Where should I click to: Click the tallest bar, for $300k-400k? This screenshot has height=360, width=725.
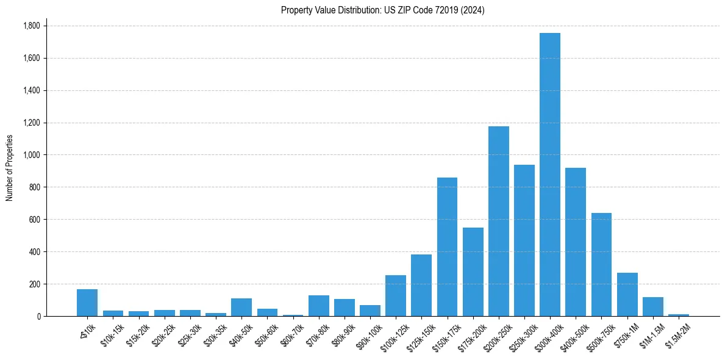point(550,175)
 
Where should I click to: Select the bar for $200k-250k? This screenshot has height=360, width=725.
point(498,221)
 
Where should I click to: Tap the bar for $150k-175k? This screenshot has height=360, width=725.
point(447,247)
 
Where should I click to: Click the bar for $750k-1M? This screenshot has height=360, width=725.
point(627,294)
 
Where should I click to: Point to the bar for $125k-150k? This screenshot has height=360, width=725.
point(421,285)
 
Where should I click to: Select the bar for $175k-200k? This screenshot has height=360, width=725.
point(473,272)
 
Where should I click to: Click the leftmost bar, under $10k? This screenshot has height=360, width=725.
point(87,303)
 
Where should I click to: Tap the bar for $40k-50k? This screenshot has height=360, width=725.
point(241,307)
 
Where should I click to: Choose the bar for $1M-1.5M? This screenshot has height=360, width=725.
point(652,306)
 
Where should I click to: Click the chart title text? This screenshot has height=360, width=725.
point(383,10)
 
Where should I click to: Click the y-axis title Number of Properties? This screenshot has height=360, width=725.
point(10,168)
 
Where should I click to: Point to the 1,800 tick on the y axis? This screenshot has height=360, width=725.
point(31,26)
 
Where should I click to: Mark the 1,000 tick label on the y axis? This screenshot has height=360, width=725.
point(31,155)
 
